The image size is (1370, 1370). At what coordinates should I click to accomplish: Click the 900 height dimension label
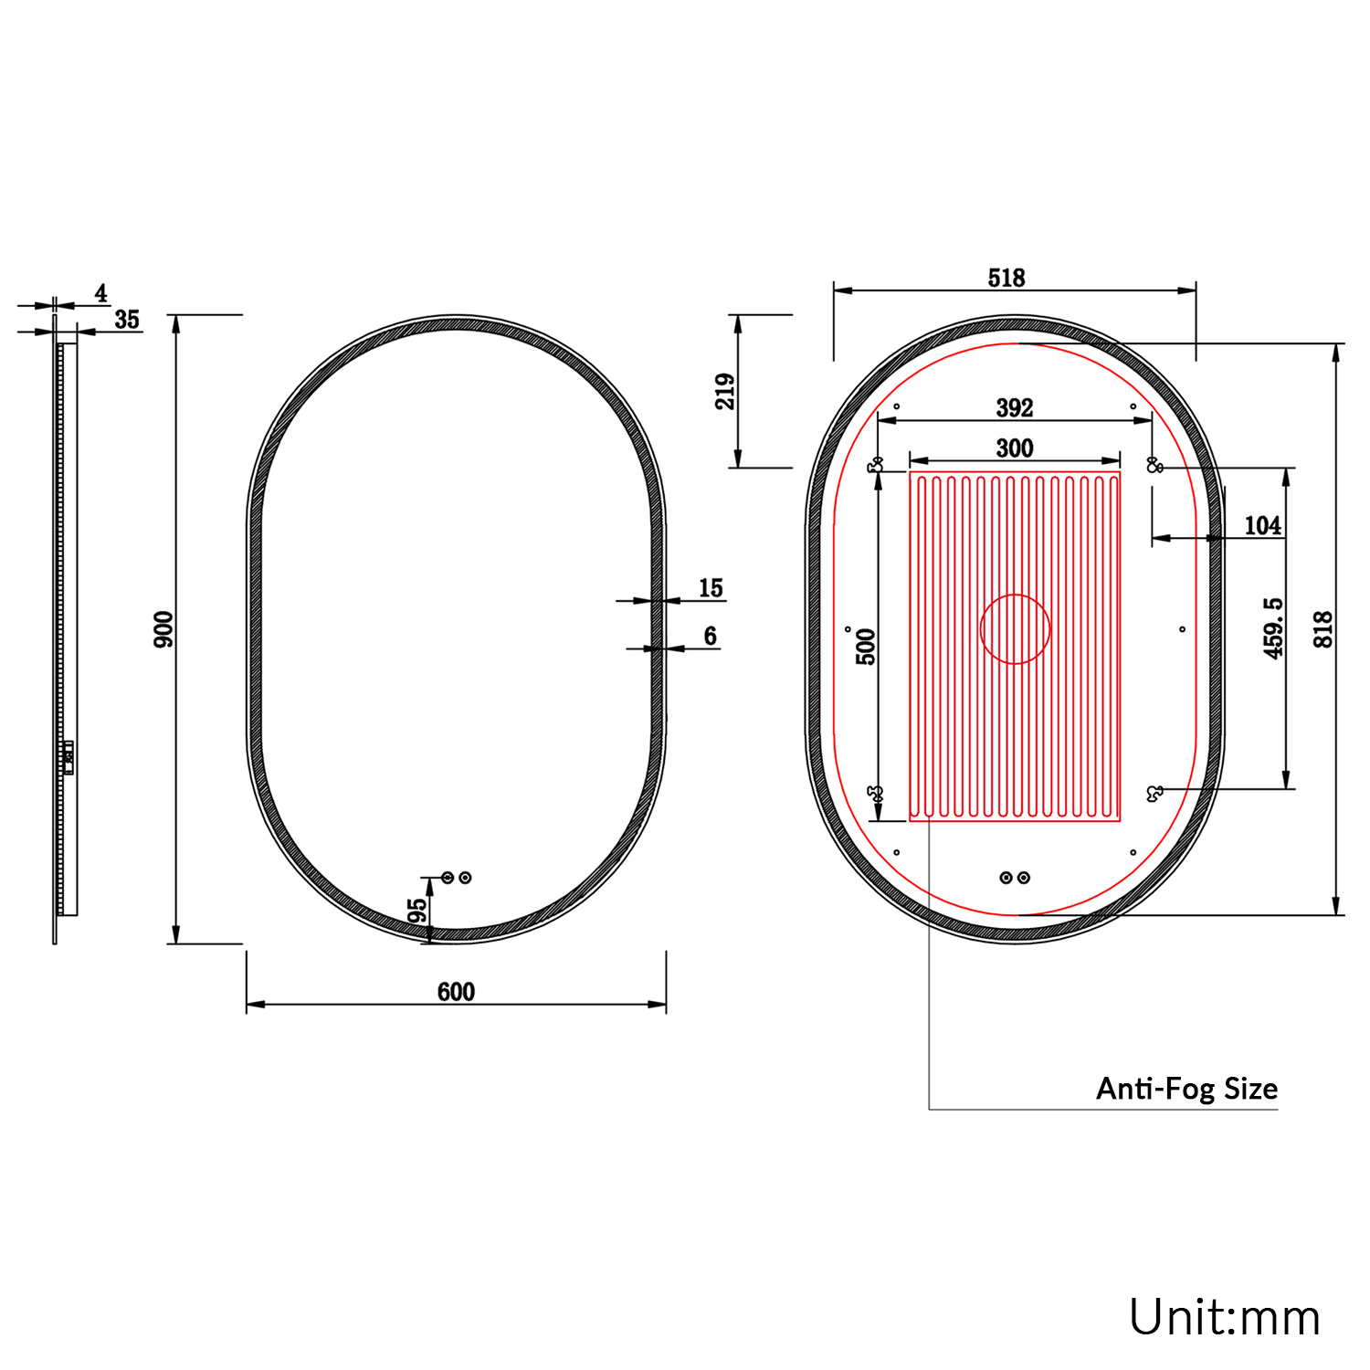pos(163,629)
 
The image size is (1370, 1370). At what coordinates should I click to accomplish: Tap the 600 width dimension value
pos(456,992)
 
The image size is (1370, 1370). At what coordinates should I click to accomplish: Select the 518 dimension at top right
pos(1006,278)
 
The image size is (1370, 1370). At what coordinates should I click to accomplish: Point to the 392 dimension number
pos(1015,407)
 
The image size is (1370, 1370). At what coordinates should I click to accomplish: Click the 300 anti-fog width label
pos(1015,448)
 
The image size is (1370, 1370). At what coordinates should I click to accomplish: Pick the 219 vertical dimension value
pos(725,391)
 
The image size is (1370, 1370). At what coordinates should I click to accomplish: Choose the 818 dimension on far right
pos(1323,629)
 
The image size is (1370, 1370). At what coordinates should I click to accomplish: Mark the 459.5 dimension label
pos(1273,628)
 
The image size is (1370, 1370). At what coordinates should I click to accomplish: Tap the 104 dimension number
pos(1262,525)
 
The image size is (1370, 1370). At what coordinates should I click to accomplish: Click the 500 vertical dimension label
pos(866,646)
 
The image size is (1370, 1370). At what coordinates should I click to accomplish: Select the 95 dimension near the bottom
pos(416,911)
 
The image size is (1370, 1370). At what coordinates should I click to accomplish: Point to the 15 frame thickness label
pos(711,588)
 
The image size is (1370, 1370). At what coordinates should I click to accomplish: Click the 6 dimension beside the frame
pos(710,636)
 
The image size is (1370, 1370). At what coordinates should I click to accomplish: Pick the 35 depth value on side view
pos(127,320)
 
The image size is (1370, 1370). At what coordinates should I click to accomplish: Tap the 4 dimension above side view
pos(100,293)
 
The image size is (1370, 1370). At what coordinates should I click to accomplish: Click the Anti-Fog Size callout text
pos(1186,1089)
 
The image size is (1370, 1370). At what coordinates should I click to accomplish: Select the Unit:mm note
pos(1224,1318)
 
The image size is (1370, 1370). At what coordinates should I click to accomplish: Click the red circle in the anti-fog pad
pos(1015,629)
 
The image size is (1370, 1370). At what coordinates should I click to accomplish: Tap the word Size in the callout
pos(1250,1089)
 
